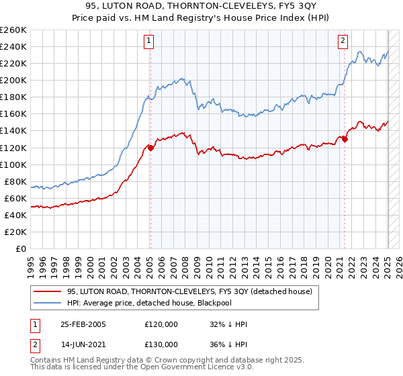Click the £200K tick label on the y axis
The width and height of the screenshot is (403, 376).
point(13,80)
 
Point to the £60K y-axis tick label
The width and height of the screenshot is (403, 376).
point(15,198)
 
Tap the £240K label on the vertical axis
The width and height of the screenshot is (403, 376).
point(13,46)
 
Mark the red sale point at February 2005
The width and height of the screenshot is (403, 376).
point(150,148)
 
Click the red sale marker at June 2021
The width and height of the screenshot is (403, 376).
point(345,139)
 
